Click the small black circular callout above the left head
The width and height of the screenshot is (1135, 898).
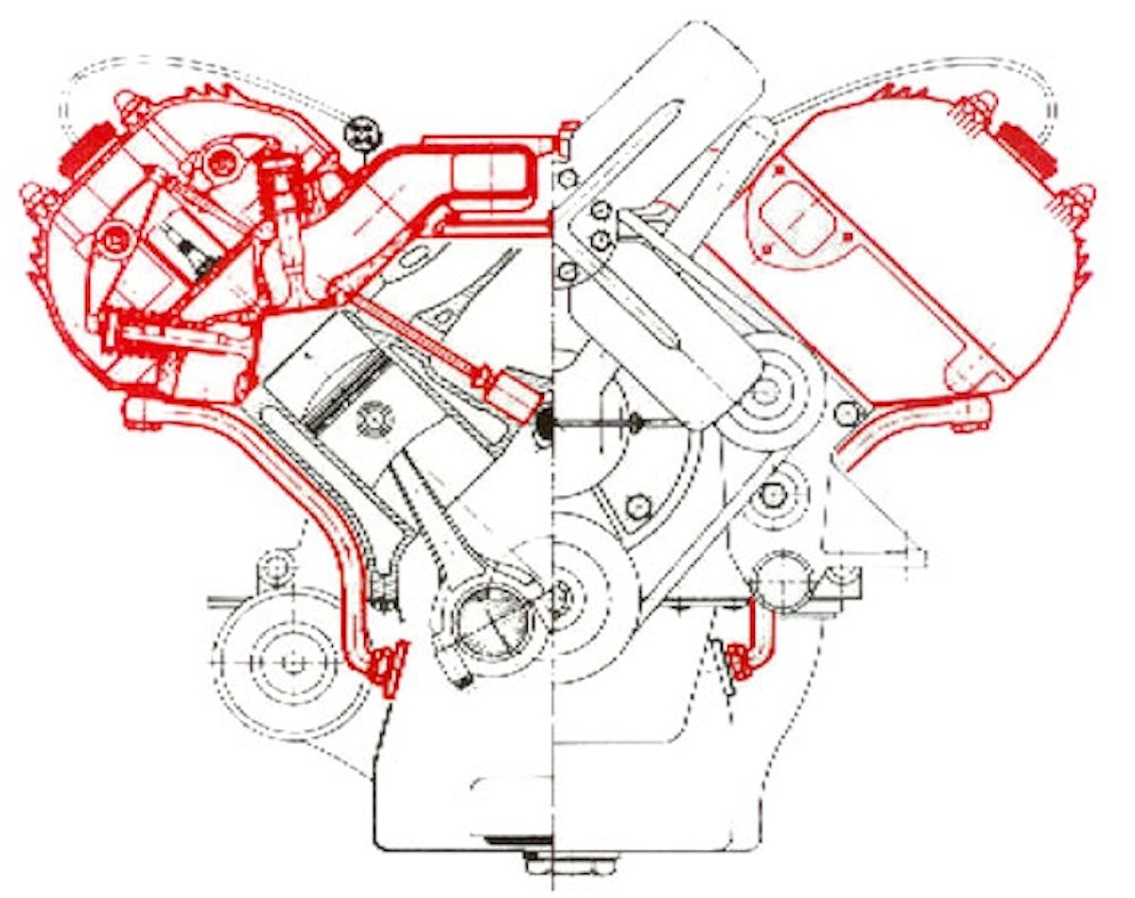[361, 132]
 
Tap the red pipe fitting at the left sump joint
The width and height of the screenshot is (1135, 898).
[387, 667]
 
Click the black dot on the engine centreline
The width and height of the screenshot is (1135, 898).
[547, 423]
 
